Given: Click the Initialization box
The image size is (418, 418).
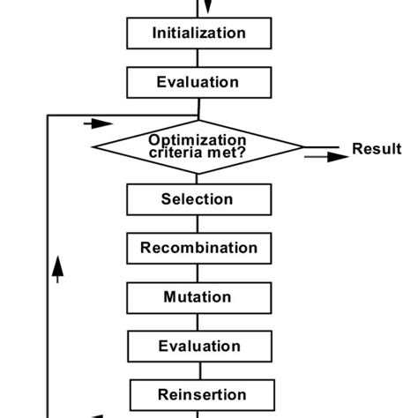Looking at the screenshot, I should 198,34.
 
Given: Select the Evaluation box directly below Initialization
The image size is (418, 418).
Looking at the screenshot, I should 198,82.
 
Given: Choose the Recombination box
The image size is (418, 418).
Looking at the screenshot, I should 198,248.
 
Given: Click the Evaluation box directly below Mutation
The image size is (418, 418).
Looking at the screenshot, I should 198,346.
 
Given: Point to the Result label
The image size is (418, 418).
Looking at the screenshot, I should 377,149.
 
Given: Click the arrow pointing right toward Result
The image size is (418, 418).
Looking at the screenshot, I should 325,156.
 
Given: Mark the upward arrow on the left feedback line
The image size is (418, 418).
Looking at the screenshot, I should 58,268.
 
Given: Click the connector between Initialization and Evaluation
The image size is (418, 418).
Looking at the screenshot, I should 198,58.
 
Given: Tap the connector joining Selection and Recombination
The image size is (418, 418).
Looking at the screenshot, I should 198,224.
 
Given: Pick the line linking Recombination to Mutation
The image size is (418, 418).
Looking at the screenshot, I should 198,272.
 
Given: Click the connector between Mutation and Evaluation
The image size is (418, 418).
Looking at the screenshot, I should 198,321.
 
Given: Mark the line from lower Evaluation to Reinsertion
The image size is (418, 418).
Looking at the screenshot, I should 198,370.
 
